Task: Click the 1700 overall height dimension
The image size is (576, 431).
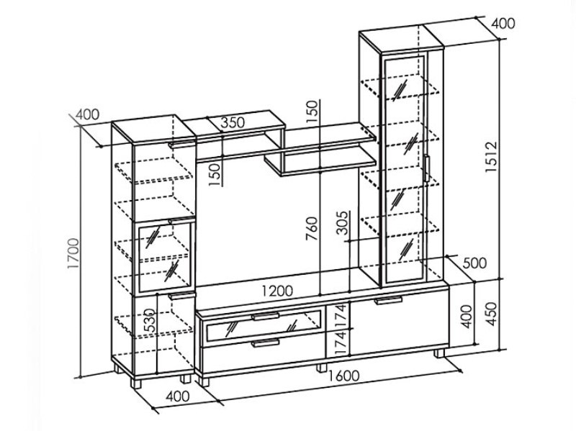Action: tap(80, 259)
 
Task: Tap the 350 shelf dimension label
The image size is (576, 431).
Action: tap(232, 122)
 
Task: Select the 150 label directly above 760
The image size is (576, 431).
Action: tap(311, 114)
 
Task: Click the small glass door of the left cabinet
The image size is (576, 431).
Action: tap(166, 255)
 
